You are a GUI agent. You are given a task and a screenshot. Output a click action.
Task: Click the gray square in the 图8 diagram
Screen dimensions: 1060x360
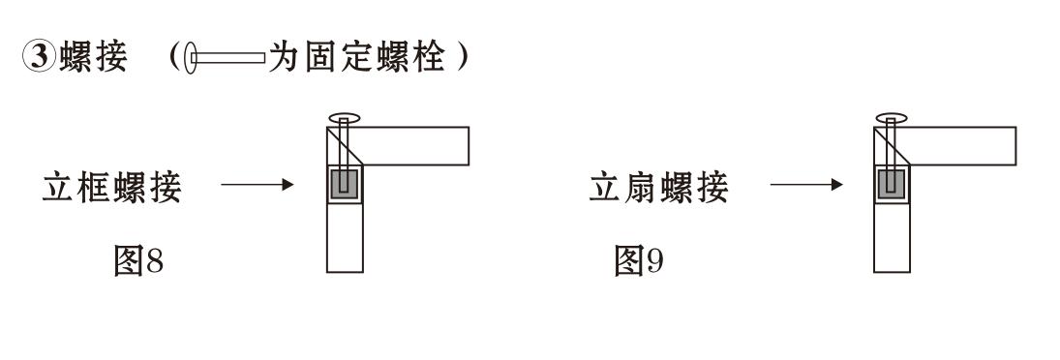(x=344, y=185)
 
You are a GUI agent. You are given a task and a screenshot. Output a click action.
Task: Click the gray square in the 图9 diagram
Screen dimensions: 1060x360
(x=891, y=185)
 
